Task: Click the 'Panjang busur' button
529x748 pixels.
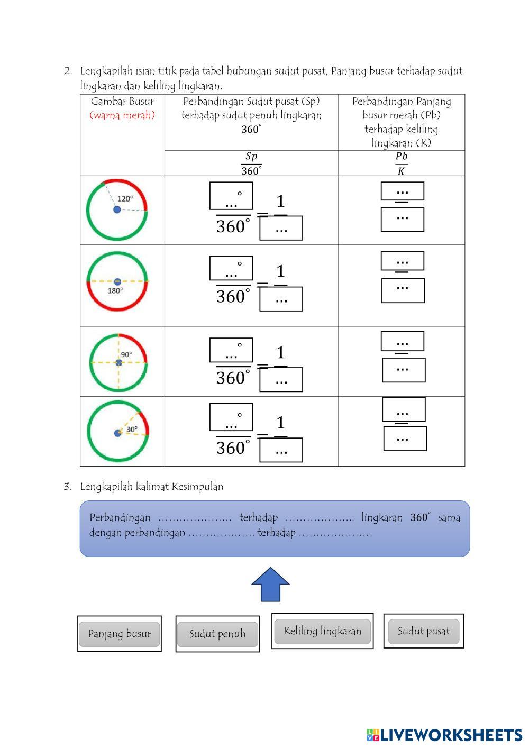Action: tap(119, 634)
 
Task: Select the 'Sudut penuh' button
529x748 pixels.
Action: tap(217, 634)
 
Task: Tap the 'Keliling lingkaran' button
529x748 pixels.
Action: tap(322, 631)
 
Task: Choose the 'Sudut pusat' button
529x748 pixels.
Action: tap(423, 631)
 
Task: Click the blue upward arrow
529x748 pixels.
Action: tap(270, 584)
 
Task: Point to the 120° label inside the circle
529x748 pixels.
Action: tap(125, 199)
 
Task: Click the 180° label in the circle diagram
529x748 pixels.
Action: tap(115, 290)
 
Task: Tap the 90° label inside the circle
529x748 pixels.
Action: tap(126, 354)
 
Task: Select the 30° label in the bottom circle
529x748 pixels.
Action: tap(132, 430)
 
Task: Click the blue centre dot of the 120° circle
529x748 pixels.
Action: tap(117, 210)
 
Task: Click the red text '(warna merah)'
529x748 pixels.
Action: tap(122, 115)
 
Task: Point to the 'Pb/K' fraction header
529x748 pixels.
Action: tap(402, 163)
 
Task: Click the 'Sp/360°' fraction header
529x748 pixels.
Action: tap(251, 163)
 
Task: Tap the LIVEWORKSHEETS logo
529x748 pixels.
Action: tap(444, 735)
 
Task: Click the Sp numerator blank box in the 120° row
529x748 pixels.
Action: tap(231, 196)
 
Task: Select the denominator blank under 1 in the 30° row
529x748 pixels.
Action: tap(281, 450)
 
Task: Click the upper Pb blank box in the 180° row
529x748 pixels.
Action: tap(402, 261)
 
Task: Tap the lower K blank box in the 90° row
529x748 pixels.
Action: tap(404, 370)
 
